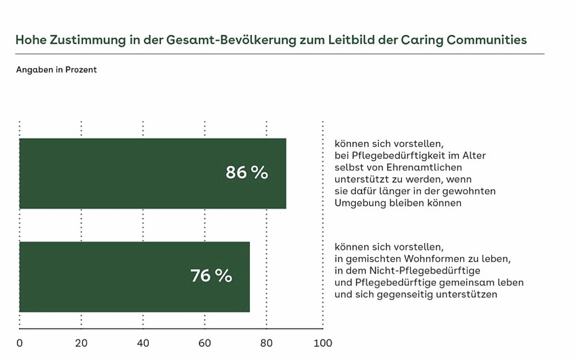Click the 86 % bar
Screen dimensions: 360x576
[x=153, y=173]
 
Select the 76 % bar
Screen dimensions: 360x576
[x=134, y=276]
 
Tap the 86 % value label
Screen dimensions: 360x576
[x=247, y=173]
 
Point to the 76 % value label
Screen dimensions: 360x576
[x=211, y=276]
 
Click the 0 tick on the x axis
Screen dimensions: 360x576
[x=19, y=343]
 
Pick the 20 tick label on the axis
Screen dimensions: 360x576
[x=81, y=343]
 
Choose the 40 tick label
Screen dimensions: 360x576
[x=143, y=343]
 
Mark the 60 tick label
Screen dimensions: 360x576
[x=205, y=343]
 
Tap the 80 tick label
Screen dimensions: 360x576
[x=266, y=343]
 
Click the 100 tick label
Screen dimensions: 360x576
[x=323, y=343]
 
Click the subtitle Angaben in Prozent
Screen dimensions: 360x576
[x=56, y=70]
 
